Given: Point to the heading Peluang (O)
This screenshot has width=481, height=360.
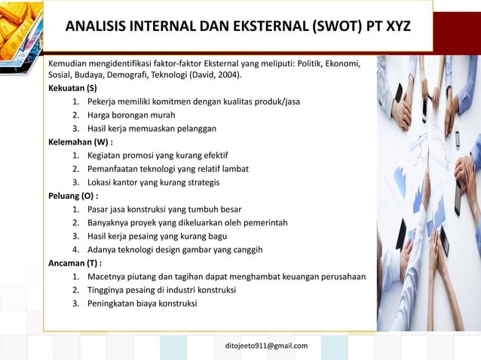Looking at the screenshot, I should [x=74, y=195].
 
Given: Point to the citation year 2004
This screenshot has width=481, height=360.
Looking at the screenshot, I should [x=231, y=75].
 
